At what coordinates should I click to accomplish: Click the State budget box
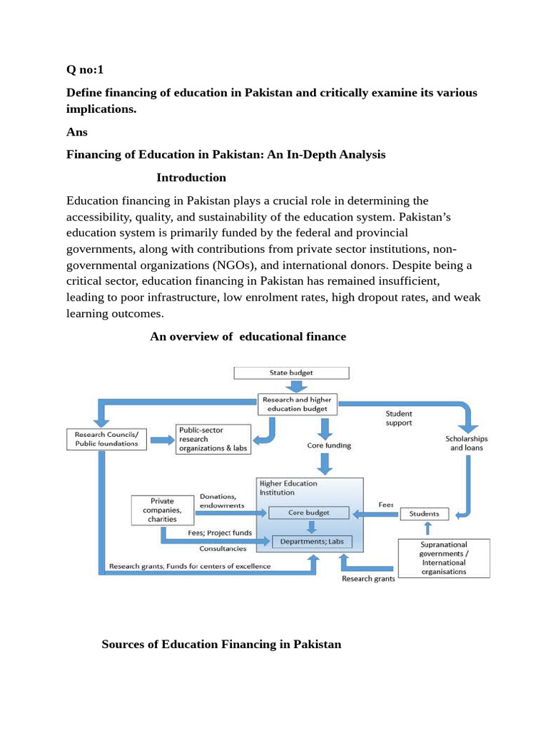291,373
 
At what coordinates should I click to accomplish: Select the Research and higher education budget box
296,404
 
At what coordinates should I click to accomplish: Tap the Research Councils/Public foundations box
106,438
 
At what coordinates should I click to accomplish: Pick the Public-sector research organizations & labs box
213,439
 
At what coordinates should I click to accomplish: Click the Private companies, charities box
163,510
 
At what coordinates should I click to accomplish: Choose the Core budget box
308,513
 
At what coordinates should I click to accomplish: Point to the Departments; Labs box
311,541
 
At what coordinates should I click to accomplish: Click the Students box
425,513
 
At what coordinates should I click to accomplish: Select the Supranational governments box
444,558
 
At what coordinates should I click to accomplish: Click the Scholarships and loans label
466,443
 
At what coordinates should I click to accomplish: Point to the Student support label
399,418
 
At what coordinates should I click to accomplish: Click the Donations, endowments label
222,500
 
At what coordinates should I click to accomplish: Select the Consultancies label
223,548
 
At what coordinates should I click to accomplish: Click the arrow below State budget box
292,386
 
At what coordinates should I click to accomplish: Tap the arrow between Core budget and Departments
311,527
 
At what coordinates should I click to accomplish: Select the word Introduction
191,177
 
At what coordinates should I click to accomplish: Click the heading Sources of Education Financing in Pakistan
221,644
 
